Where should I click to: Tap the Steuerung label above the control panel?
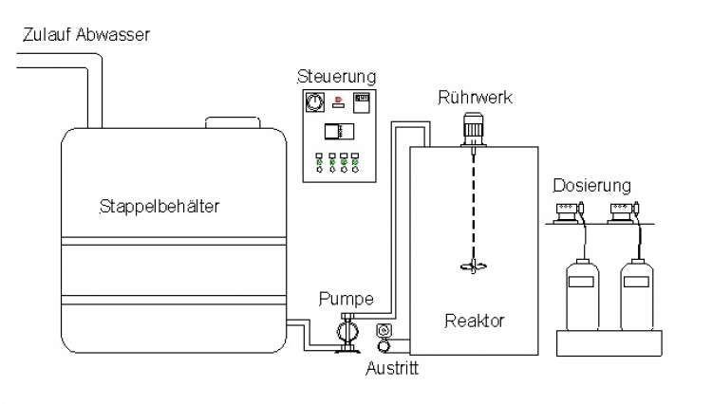pos(336,75)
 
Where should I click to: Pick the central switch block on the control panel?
pos(337,133)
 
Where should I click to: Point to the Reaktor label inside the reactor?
pos(474,321)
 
